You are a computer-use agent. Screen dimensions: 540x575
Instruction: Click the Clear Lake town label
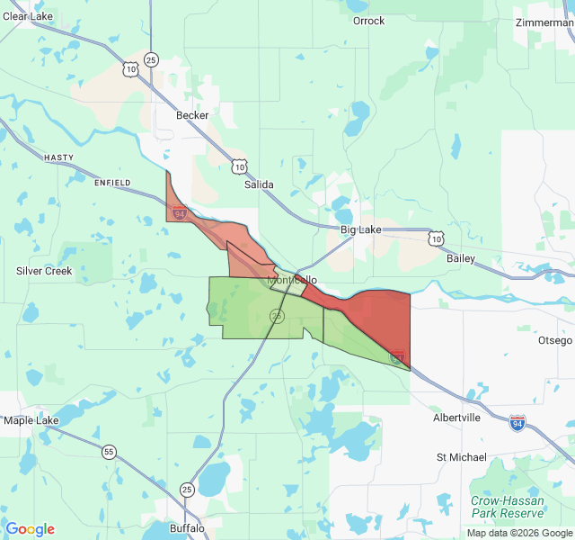(x=28, y=16)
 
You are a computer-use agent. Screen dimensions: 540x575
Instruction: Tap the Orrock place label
(x=368, y=21)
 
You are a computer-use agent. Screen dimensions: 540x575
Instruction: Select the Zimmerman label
(x=544, y=22)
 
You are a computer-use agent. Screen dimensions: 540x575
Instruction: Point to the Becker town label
(x=192, y=115)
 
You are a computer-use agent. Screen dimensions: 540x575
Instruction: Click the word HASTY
(x=58, y=157)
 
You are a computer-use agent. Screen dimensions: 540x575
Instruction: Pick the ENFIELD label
(x=112, y=183)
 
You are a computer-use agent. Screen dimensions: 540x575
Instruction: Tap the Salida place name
(x=259, y=184)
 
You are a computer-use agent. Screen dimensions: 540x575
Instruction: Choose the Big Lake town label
(x=360, y=229)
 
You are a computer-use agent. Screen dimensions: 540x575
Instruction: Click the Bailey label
(x=461, y=258)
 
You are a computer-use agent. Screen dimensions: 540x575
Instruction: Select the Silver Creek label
(x=44, y=271)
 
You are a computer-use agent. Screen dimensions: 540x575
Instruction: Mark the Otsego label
(x=554, y=340)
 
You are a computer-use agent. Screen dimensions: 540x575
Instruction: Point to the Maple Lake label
(x=31, y=420)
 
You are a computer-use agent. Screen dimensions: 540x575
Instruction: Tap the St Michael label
(x=461, y=457)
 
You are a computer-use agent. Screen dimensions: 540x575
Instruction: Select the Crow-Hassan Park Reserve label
(x=508, y=507)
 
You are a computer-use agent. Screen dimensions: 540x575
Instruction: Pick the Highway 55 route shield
(x=109, y=452)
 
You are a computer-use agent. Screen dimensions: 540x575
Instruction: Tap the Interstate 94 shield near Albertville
(x=517, y=421)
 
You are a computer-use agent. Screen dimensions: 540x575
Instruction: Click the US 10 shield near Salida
(x=239, y=166)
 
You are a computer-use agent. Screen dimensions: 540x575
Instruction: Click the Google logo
(x=30, y=529)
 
